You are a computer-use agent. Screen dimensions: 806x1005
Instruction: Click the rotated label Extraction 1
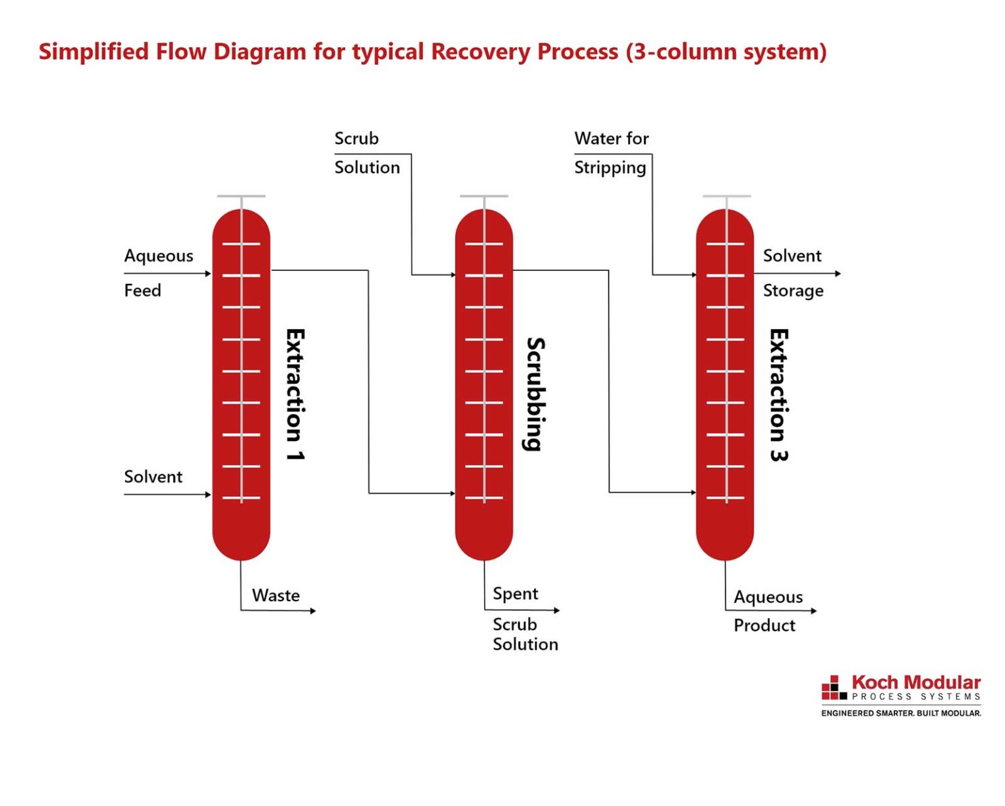tap(295, 394)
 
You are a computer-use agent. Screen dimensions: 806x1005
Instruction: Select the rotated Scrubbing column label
tap(536, 394)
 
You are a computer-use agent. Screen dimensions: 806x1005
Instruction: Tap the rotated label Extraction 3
tap(778, 395)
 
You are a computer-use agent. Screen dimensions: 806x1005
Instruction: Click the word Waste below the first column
tap(275, 595)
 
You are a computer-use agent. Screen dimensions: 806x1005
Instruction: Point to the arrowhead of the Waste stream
tap(313, 611)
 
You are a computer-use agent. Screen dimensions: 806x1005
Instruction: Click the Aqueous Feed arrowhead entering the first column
tap(208, 273)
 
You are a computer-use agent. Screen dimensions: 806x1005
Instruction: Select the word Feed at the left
tap(143, 290)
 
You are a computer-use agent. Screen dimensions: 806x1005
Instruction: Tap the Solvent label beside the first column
tap(153, 477)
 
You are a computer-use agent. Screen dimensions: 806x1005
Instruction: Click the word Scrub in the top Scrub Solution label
tap(357, 139)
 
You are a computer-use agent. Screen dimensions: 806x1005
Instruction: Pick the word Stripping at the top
tap(610, 168)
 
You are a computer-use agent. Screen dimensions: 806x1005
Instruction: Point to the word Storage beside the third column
tap(793, 290)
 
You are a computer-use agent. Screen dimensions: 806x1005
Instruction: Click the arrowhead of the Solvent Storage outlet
tap(838, 273)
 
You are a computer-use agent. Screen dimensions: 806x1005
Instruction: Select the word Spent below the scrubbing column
tap(516, 594)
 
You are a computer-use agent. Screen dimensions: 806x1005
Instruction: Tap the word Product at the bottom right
tap(764, 625)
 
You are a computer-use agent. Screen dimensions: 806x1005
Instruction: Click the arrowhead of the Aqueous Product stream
tap(814, 611)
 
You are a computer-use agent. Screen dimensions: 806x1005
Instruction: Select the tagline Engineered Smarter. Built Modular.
tap(901, 713)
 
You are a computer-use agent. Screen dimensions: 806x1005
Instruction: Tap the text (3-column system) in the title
tap(726, 52)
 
